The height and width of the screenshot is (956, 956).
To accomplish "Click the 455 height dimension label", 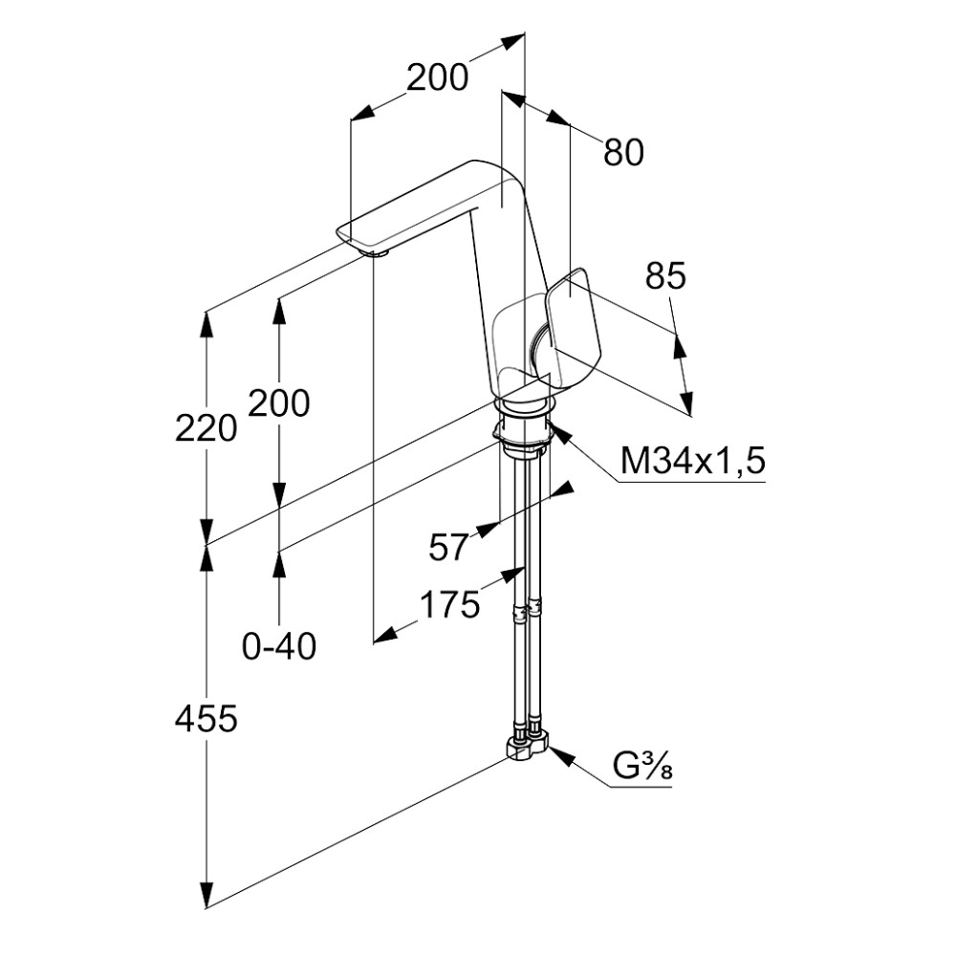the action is [x=206, y=719].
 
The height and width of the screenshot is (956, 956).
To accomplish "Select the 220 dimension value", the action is [x=206, y=427].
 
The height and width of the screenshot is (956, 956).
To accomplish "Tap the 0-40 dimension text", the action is [x=279, y=646].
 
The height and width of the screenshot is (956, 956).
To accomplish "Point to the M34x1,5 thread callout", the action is [x=692, y=461].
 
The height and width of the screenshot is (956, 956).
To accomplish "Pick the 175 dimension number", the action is [x=450, y=605].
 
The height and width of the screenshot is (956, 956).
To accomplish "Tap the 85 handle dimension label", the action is [x=665, y=275].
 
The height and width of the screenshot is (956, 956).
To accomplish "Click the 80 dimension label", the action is [x=623, y=152].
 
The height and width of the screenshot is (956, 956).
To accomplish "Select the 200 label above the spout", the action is [x=438, y=77].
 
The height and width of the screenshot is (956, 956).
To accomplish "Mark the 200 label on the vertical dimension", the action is [x=278, y=403].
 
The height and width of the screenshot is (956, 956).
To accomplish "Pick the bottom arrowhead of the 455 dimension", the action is [x=207, y=895].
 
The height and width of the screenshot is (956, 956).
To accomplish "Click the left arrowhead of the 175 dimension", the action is [x=385, y=636].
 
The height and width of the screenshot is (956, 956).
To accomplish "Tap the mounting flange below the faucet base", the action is [x=523, y=433].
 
